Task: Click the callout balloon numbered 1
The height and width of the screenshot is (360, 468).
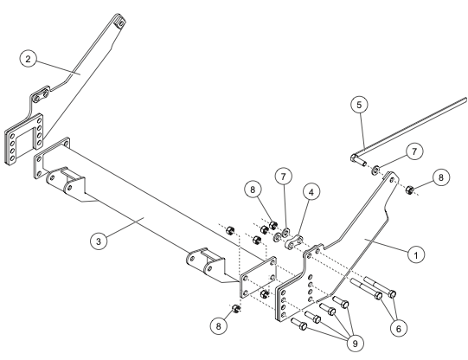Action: (x=416, y=254)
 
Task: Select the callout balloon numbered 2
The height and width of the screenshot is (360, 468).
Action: (x=28, y=59)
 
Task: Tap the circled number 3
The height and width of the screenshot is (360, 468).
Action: (x=99, y=241)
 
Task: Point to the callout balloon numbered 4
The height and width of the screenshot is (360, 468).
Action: (x=311, y=192)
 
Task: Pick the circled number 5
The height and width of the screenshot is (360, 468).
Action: (x=359, y=105)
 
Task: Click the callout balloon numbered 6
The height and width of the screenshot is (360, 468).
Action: (x=399, y=328)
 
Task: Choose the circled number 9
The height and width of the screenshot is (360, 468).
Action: (x=355, y=344)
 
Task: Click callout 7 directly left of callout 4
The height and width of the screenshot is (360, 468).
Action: (x=283, y=177)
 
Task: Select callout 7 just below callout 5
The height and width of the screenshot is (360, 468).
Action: (x=414, y=151)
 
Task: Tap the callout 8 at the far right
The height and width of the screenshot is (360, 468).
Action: (x=441, y=177)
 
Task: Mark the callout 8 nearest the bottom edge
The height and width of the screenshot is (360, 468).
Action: (x=219, y=326)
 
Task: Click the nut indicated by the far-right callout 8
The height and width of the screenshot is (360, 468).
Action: (x=409, y=190)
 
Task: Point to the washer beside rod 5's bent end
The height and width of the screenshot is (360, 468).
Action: (x=375, y=170)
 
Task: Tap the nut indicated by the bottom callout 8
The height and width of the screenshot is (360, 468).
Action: (x=236, y=309)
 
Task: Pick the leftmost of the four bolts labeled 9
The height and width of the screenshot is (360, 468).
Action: (x=299, y=324)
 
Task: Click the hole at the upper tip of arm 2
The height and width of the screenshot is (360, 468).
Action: (x=121, y=23)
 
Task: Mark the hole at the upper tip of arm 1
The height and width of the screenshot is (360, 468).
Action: (x=392, y=180)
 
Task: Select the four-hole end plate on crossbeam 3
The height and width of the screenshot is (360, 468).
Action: (x=259, y=277)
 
